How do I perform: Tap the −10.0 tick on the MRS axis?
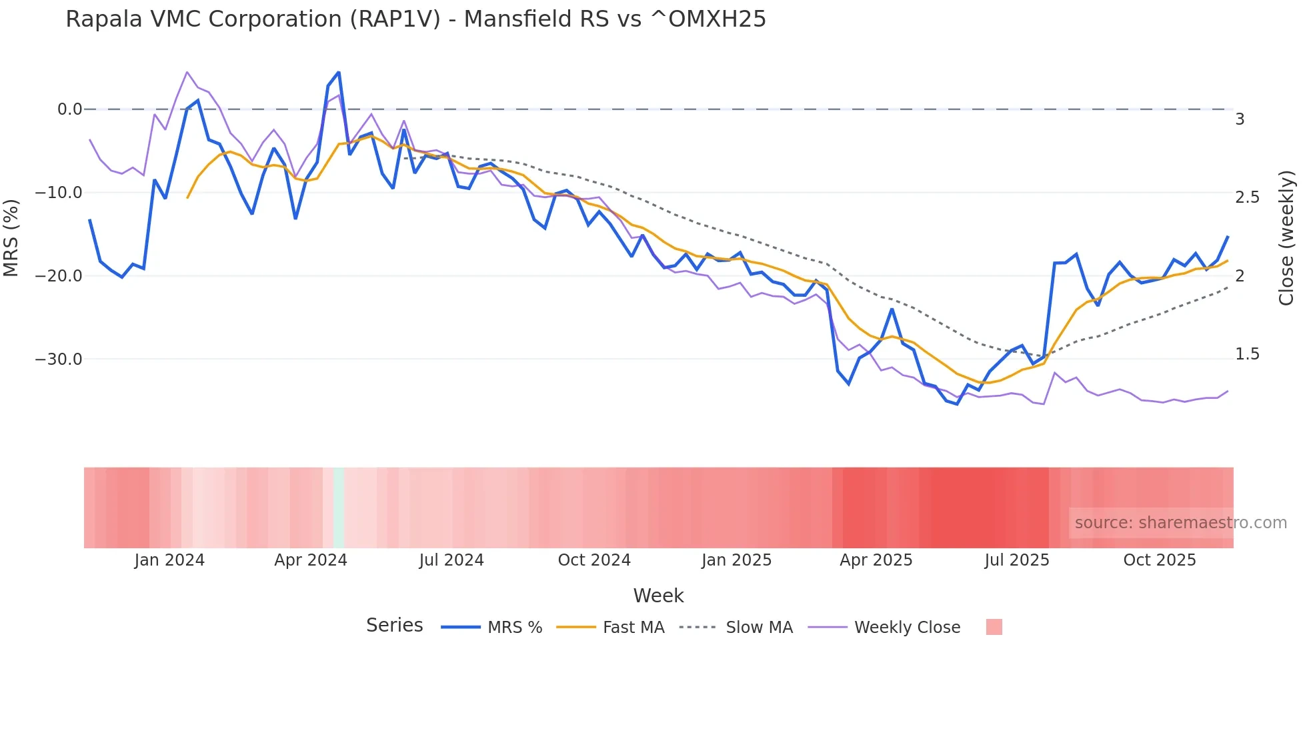coord(58,193)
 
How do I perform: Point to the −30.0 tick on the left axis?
coord(58,359)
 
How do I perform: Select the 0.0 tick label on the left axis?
coord(69,109)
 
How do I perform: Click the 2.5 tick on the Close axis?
coord(1248,197)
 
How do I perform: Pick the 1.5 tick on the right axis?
coord(1248,354)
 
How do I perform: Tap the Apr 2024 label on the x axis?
coord(311,560)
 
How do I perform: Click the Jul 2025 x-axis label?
coord(1017,560)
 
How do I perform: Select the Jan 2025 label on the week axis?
coord(736,560)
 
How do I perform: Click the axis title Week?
coord(658,596)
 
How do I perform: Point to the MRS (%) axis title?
coord(11,238)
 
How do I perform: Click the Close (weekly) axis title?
coord(1287,238)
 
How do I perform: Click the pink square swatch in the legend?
coord(994,627)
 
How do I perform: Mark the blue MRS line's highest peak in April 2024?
coord(339,72)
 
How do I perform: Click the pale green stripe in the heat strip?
coord(339,508)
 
